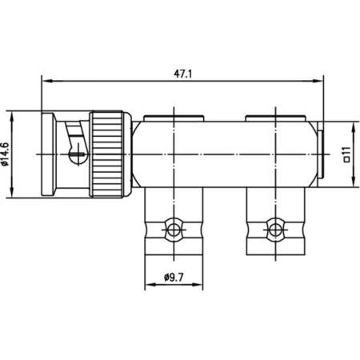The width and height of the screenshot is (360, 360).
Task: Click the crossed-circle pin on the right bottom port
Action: [274, 229]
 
